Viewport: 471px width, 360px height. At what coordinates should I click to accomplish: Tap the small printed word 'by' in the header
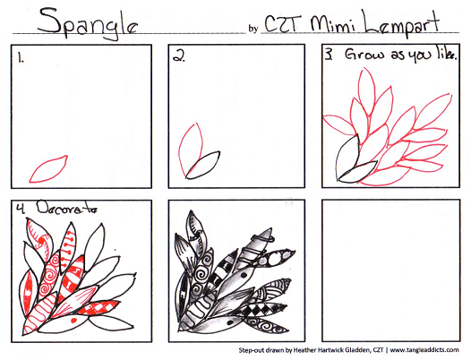pos(253,29)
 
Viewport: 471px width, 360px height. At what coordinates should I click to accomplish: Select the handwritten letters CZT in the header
pos(282,23)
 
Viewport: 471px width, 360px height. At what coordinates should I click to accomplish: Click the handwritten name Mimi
pos(332,24)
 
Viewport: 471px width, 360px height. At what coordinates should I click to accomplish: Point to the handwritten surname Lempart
pos(402,24)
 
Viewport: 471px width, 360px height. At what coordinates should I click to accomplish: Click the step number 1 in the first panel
pos(21,57)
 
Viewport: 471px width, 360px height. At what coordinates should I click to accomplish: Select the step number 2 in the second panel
pos(179,56)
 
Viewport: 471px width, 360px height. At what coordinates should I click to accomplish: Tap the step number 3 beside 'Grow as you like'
pos(329,55)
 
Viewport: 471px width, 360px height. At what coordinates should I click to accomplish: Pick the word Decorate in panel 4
pos(66,208)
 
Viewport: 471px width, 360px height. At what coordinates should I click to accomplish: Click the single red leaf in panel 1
pos(48,169)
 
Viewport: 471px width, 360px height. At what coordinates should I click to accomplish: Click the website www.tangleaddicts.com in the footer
pos(424,350)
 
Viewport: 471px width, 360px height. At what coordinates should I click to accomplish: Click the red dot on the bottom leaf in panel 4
pos(73,321)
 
